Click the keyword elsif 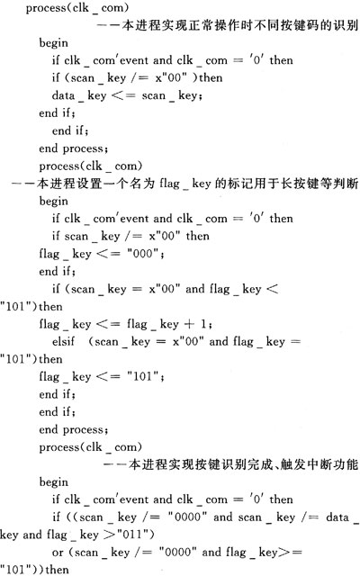[x=63, y=342]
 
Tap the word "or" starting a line [x=58, y=553]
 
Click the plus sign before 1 [x=189, y=324]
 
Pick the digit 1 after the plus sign [x=203, y=324]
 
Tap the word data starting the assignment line [x=63, y=95]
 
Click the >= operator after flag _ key [x=290, y=553]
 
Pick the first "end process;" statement [x=74, y=148]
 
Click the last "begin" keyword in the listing [x=54, y=482]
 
